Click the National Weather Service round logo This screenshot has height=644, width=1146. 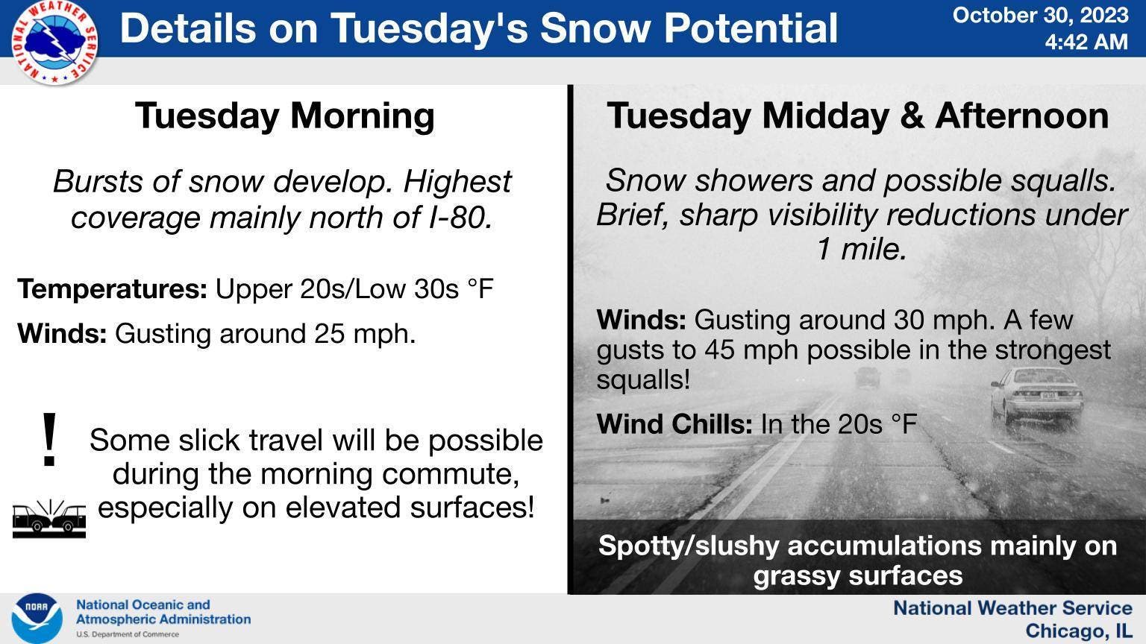pyautogui.click(x=54, y=42)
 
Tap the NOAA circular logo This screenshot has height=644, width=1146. pyautogui.click(x=37, y=619)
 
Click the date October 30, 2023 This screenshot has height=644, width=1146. pyautogui.click(x=1041, y=16)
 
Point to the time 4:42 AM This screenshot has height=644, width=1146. pyautogui.click(x=1086, y=42)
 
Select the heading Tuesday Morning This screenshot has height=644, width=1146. pyautogui.click(x=285, y=116)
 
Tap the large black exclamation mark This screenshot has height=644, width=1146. pyautogui.click(x=49, y=440)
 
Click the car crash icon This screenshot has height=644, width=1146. pyautogui.click(x=49, y=518)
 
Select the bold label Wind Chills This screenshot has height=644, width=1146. pyautogui.click(x=674, y=424)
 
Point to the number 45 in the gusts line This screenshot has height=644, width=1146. pyautogui.click(x=721, y=350)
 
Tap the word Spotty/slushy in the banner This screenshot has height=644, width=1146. pyautogui.click(x=689, y=546)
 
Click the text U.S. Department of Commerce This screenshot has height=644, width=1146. pyautogui.click(x=128, y=634)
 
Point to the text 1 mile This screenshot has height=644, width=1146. pyautogui.click(x=862, y=250)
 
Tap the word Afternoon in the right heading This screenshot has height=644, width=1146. pyautogui.click(x=1022, y=116)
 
